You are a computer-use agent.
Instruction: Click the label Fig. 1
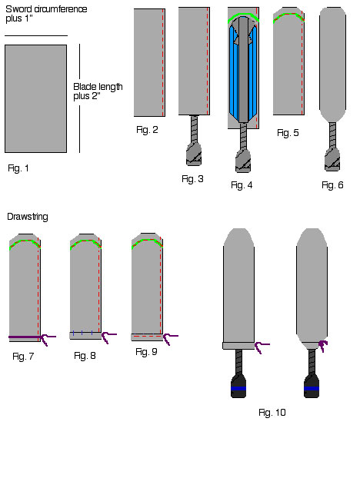(18, 168)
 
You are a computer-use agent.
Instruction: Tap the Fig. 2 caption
(147, 130)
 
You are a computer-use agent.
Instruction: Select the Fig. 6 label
(332, 185)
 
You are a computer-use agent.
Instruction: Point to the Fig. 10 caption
(272, 412)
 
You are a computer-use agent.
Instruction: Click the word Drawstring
(28, 217)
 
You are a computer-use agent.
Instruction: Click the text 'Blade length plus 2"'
(98, 91)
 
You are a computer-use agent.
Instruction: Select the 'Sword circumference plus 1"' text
(46, 14)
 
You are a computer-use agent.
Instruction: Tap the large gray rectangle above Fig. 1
(35, 98)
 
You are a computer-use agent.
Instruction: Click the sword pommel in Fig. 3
(194, 154)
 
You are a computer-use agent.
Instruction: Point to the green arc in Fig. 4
(243, 15)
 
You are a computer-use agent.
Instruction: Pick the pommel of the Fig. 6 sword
(332, 159)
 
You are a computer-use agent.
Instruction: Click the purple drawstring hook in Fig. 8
(108, 337)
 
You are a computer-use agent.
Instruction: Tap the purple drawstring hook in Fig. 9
(169, 339)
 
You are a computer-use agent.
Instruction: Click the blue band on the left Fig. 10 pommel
(238, 388)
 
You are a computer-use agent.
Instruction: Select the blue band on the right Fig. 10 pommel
(312, 388)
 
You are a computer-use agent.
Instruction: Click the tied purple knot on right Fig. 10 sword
(323, 345)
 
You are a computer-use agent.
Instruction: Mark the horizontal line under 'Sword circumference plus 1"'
(36, 35)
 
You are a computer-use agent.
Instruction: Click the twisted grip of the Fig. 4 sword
(243, 137)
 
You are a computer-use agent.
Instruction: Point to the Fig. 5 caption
(288, 133)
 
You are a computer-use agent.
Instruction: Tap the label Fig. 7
(23, 357)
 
